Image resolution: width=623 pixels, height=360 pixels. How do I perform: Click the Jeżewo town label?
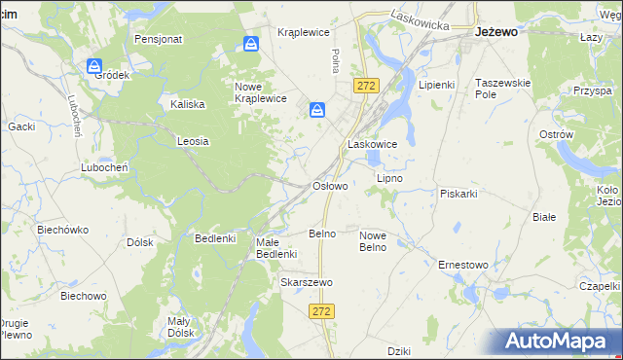coord(495,31)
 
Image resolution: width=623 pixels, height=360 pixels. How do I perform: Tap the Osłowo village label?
coord(329,185)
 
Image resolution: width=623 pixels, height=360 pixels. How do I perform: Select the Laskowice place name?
coord(372,144)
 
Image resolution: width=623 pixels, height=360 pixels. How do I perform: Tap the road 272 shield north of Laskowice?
coord(366,87)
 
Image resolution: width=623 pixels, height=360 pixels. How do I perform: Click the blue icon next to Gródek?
coord(94,66)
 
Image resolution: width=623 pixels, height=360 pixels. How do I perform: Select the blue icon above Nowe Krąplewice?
coord(251,45)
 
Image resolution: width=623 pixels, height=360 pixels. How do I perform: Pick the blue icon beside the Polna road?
coord(317,111)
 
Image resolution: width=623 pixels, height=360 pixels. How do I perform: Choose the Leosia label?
coord(193,141)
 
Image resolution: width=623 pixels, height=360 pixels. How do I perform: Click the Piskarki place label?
coord(458,193)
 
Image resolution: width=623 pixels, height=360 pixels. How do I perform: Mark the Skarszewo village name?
coord(307,282)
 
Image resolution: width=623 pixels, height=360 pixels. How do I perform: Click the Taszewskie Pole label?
coord(502,90)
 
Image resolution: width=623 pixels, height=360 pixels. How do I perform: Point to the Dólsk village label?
coord(140,242)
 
